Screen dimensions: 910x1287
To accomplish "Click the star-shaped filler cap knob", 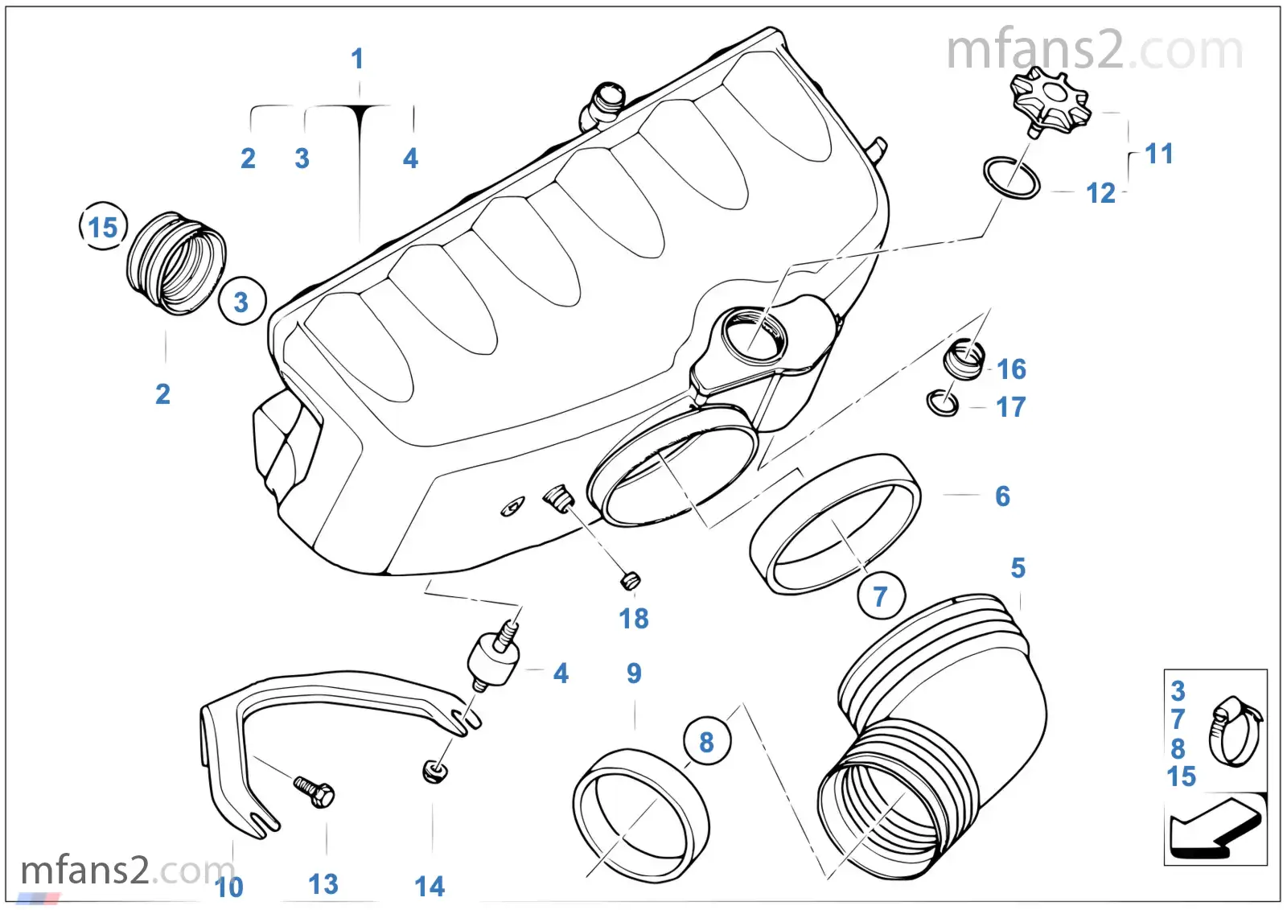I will (1049, 101).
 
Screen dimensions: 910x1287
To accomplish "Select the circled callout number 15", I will (103, 227).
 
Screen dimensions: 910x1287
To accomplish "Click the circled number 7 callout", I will (880, 596).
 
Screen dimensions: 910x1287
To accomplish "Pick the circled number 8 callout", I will (706, 742).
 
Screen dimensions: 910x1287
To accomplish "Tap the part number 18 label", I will (633, 618).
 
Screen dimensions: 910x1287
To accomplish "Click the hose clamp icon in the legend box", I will (1234, 730).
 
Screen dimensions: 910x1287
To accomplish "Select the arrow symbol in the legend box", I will (1213, 826).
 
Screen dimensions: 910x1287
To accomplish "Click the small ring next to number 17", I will (942, 402).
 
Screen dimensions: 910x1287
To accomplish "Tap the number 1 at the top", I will (357, 59).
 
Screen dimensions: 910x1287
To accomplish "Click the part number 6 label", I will (1002, 496).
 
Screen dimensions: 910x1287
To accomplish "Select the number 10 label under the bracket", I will (229, 887).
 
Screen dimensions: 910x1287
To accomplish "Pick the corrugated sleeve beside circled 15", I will (176, 262).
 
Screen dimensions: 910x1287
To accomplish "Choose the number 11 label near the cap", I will (1158, 154).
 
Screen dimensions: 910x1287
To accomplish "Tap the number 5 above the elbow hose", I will (1018, 568).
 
